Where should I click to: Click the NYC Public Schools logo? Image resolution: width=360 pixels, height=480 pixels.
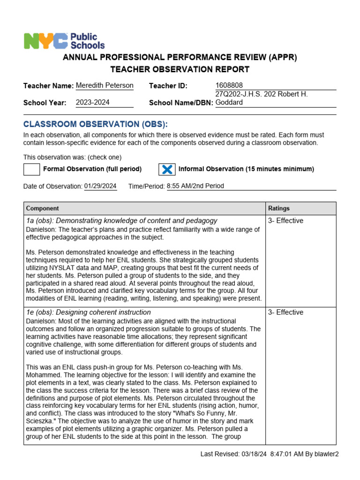point(64,41)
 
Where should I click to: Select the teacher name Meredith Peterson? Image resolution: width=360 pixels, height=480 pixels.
point(105,85)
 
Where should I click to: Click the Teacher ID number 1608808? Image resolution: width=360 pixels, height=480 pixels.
point(229,85)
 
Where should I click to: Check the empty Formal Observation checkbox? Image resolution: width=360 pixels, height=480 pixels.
point(31,169)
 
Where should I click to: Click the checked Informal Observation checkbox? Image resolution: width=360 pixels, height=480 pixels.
point(167,169)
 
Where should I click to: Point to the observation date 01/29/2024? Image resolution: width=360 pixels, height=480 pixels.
point(100,186)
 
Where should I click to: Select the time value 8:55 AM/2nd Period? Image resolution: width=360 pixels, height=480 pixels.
point(195,186)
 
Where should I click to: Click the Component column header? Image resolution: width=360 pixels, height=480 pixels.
point(43,208)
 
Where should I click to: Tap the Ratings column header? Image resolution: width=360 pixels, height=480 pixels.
point(279,208)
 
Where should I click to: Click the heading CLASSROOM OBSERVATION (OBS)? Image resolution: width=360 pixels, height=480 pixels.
point(95,124)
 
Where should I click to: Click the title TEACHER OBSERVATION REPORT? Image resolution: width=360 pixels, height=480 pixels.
point(180,70)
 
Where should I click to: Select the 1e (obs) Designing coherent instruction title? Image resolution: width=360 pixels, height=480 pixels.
point(89,312)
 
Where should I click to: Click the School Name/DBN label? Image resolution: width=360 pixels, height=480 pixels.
point(181,103)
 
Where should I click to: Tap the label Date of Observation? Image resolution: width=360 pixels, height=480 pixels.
point(52,187)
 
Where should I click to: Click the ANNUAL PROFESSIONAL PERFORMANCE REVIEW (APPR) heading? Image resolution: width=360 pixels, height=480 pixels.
point(180,57)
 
